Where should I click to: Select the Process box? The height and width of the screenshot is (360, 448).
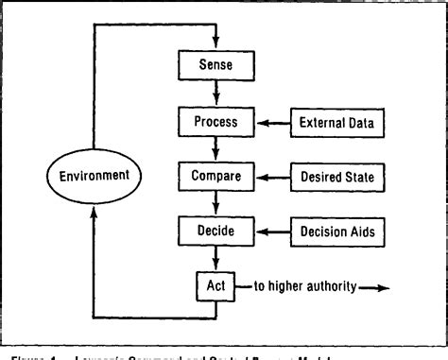[x=219, y=122]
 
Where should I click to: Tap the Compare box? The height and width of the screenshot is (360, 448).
[x=219, y=176]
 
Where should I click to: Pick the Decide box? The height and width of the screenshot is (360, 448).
[x=219, y=230]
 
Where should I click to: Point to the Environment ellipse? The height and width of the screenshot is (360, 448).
[x=94, y=176]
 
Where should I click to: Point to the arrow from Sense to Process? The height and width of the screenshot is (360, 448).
[x=219, y=94]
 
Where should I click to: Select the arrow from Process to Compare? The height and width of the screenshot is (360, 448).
[x=219, y=148]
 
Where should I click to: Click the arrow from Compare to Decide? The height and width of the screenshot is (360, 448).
[x=219, y=202]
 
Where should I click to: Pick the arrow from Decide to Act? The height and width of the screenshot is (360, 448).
[x=219, y=256]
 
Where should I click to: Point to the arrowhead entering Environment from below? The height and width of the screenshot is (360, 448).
[x=94, y=210]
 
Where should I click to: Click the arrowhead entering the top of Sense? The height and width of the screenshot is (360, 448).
[x=219, y=45]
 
